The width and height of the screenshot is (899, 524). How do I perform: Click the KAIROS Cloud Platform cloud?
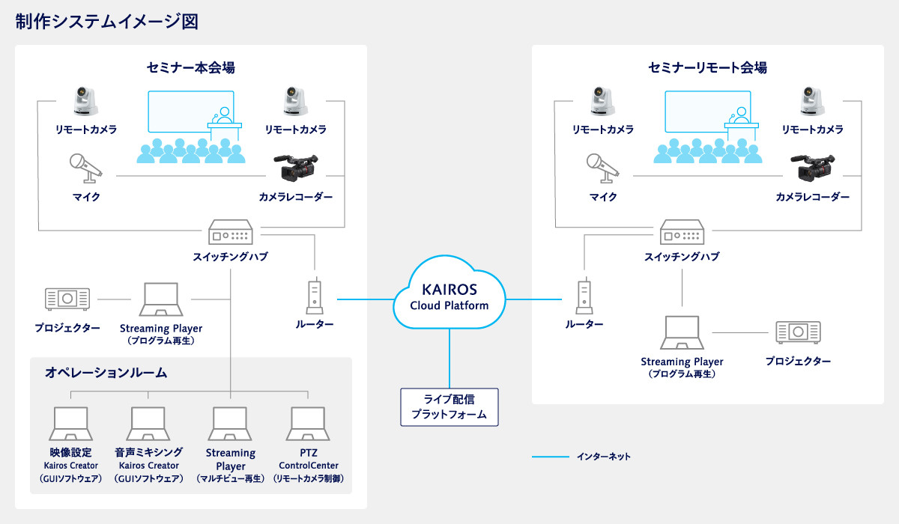click(x=449, y=296)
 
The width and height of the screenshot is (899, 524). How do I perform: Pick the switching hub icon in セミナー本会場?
click(x=231, y=233)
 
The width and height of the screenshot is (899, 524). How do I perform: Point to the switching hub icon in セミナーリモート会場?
click(x=681, y=233)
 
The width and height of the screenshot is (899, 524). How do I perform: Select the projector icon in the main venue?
click(x=67, y=299)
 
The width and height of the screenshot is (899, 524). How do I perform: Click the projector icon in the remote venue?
click(x=798, y=331)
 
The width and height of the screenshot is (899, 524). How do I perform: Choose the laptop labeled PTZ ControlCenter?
click(x=309, y=424)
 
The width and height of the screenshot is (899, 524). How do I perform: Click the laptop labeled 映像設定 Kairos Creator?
click(x=71, y=424)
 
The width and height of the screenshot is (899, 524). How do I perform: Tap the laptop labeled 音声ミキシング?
click(x=148, y=424)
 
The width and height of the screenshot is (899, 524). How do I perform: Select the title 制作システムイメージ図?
click(x=106, y=22)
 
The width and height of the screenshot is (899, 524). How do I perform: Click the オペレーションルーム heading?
click(x=106, y=372)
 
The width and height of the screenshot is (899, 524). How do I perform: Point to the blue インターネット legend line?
click(x=551, y=456)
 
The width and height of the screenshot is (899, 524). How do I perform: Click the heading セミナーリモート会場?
click(x=707, y=68)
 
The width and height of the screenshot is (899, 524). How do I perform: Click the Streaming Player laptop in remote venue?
click(x=682, y=333)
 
